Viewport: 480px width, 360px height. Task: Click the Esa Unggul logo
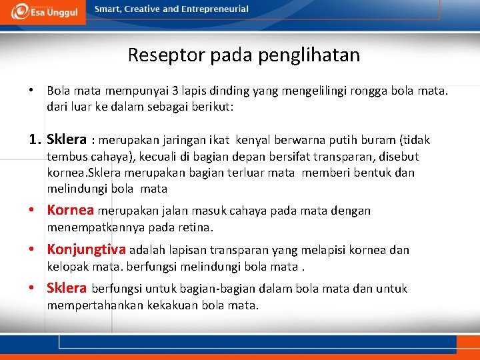tap(43, 11)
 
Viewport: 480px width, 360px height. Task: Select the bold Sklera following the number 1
tap(67, 140)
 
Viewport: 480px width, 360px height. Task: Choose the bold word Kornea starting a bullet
tap(70, 211)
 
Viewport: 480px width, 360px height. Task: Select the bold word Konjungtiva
tap(86, 250)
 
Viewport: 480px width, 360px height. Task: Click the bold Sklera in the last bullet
tap(67, 289)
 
